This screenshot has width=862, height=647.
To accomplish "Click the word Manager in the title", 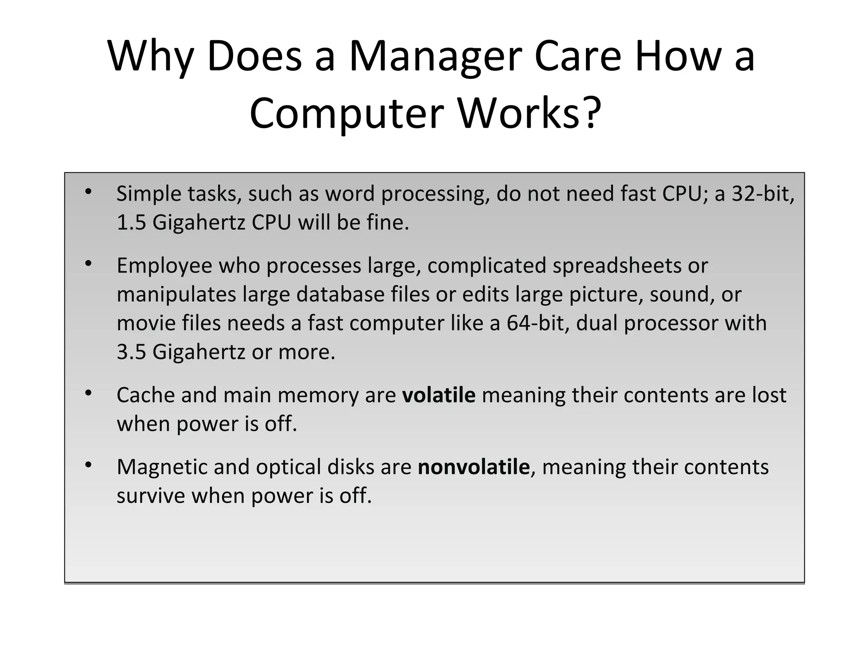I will (x=435, y=57).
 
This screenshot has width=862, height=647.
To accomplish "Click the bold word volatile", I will (x=439, y=396).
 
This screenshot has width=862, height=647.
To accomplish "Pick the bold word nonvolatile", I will (x=473, y=467).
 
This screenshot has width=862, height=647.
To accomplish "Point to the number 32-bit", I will (x=762, y=194).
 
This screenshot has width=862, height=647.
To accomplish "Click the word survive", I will (x=151, y=496).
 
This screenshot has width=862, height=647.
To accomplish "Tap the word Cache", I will (x=145, y=396).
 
